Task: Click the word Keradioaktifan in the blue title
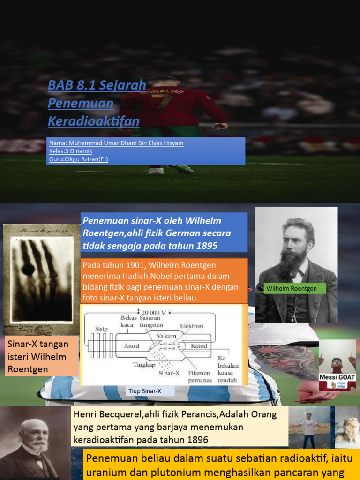pos(93,121)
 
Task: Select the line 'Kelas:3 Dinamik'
pos(71,151)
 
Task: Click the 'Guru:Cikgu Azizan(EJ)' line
pos(78,159)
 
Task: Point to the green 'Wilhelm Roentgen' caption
pos(292,289)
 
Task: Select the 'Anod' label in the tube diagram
pos(131,346)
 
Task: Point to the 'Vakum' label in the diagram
pos(167,336)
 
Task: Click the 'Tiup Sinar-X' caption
pos(144,390)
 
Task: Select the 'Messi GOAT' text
pos(337,377)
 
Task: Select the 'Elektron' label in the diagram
pos(192,326)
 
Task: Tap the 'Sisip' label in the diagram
pos(102,329)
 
